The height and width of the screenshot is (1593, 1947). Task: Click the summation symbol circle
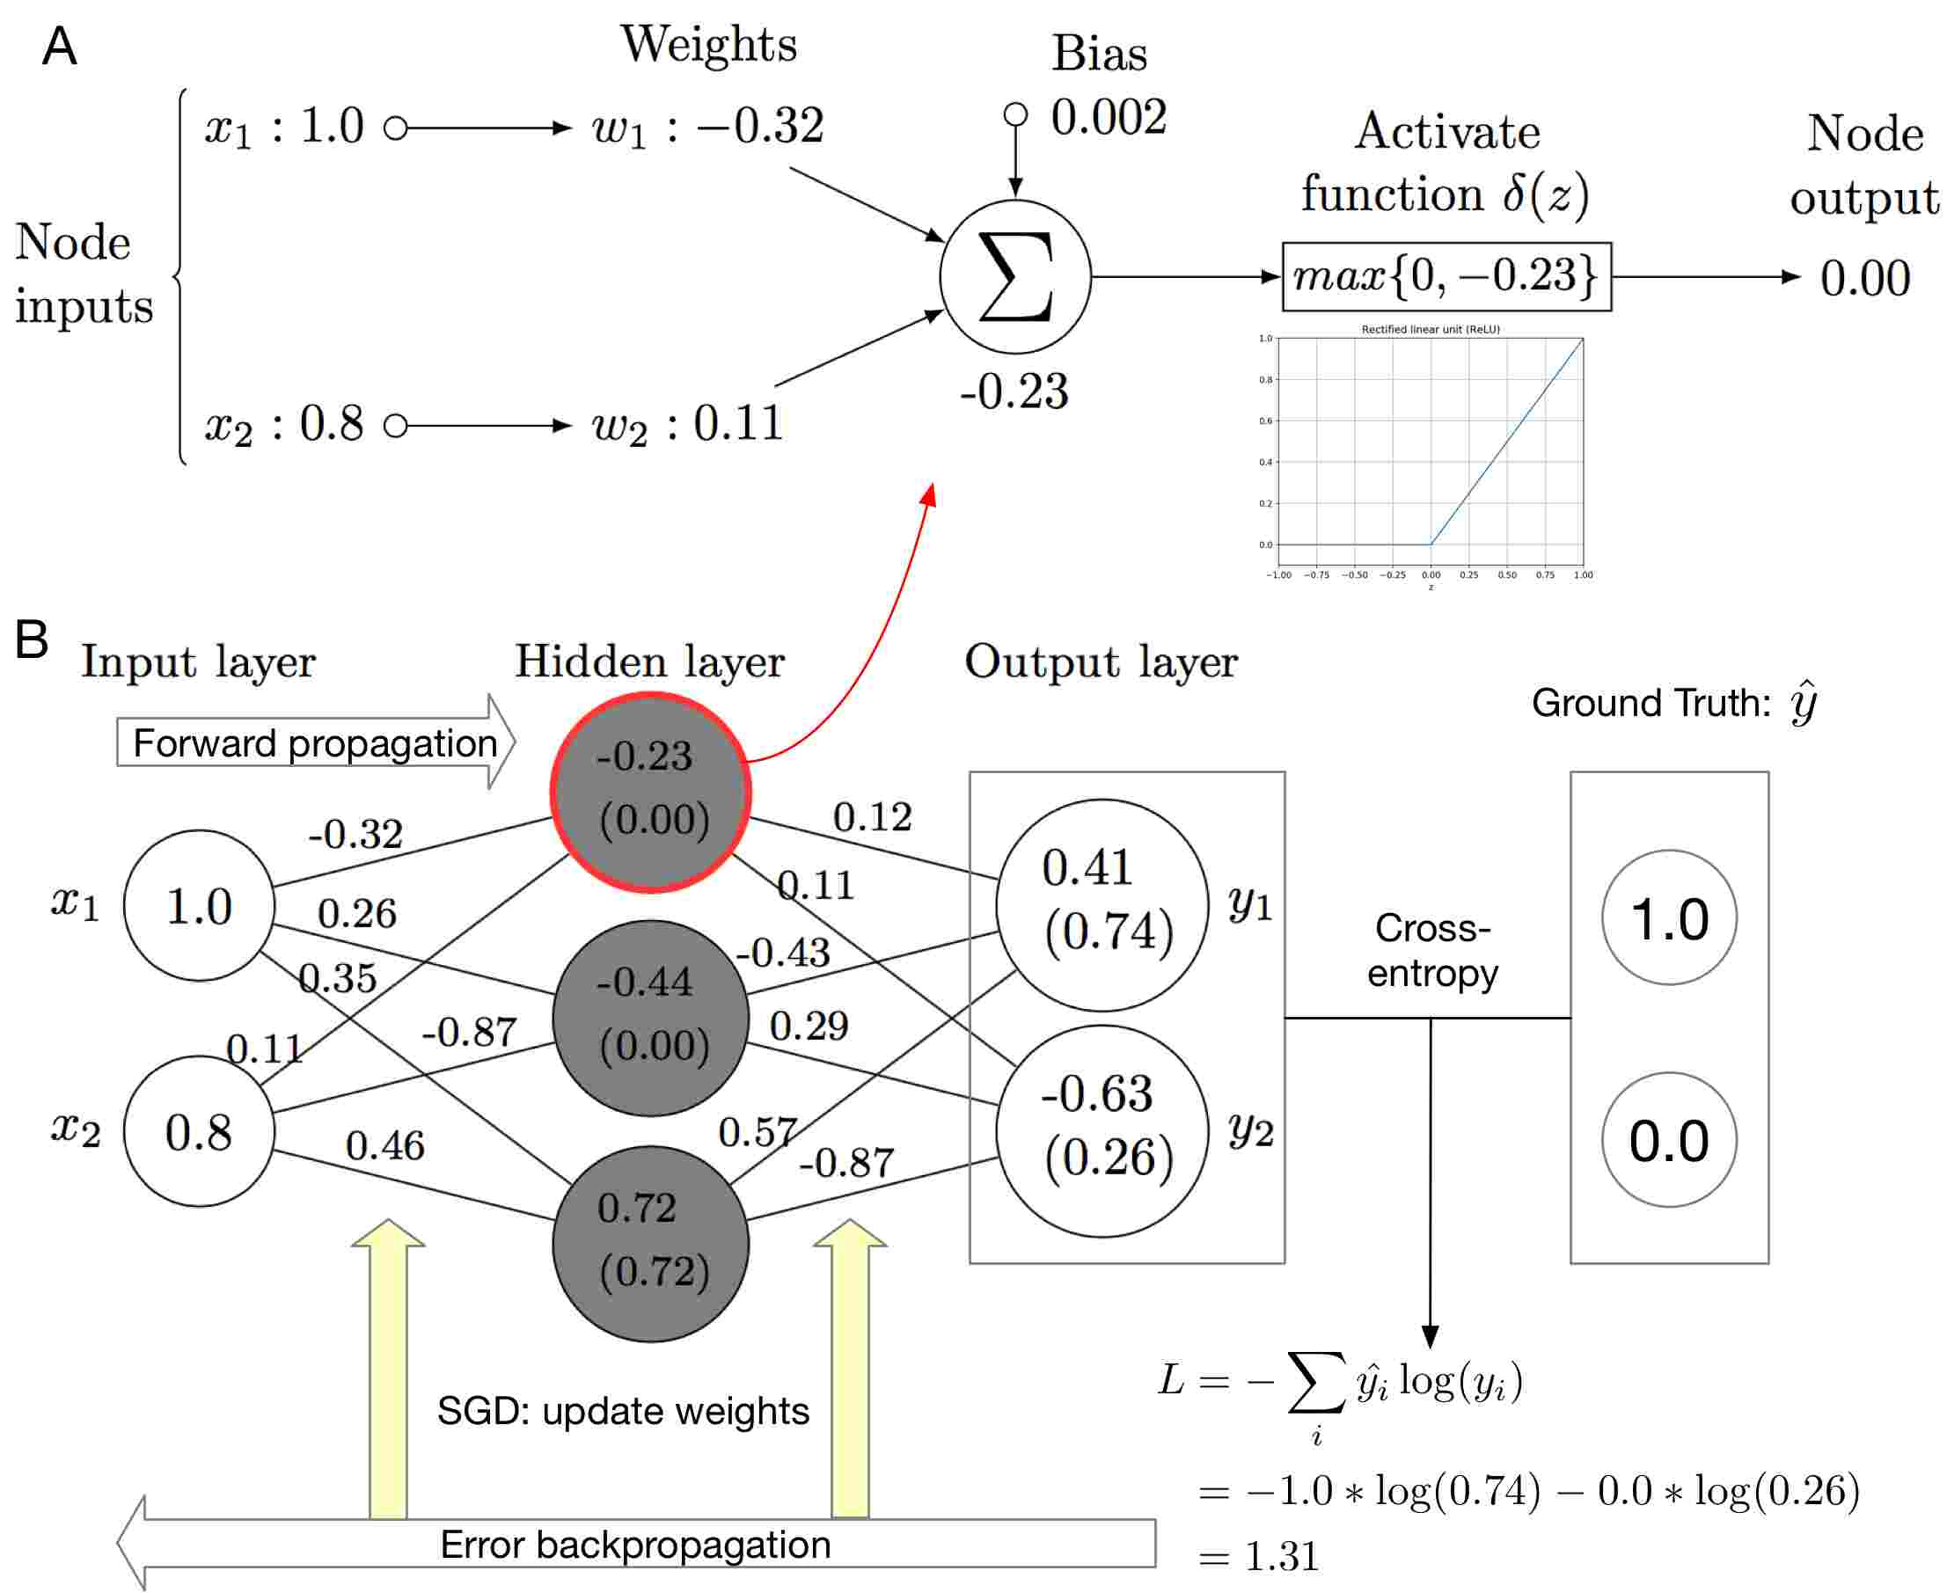[x=1014, y=276]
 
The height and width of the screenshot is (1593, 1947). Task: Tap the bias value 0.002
[x=1108, y=118]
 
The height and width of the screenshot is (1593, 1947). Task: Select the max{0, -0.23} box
[x=1446, y=276]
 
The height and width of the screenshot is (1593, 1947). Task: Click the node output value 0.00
[x=1864, y=278]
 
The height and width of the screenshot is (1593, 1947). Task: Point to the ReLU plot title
[x=1430, y=328]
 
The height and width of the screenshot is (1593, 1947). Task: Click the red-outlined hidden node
[x=651, y=792]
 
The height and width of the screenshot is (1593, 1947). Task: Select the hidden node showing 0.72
[x=651, y=1244]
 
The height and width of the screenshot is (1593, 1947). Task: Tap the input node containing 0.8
[x=198, y=1131]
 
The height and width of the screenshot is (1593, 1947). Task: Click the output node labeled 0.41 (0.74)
[x=1102, y=904]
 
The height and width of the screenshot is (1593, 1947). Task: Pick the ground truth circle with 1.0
[x=1668, y=917]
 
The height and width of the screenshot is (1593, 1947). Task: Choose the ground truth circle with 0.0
[x=1668, y=1140]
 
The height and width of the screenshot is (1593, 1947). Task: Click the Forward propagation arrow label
[x=314, y=743]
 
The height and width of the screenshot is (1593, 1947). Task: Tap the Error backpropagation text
[x=635, y=1546]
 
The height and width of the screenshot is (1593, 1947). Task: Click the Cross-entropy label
[x=1431, y=950]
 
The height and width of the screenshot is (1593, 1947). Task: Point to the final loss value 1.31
[x=1281, y=1556]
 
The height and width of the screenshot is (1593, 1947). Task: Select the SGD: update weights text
[x=622, y=1411]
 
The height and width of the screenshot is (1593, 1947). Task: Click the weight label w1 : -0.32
[x=707, y=127]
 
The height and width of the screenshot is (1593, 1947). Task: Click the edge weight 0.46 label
[x=384, y=1145]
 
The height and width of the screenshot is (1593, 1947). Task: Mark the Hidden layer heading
[x=649, y=661]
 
